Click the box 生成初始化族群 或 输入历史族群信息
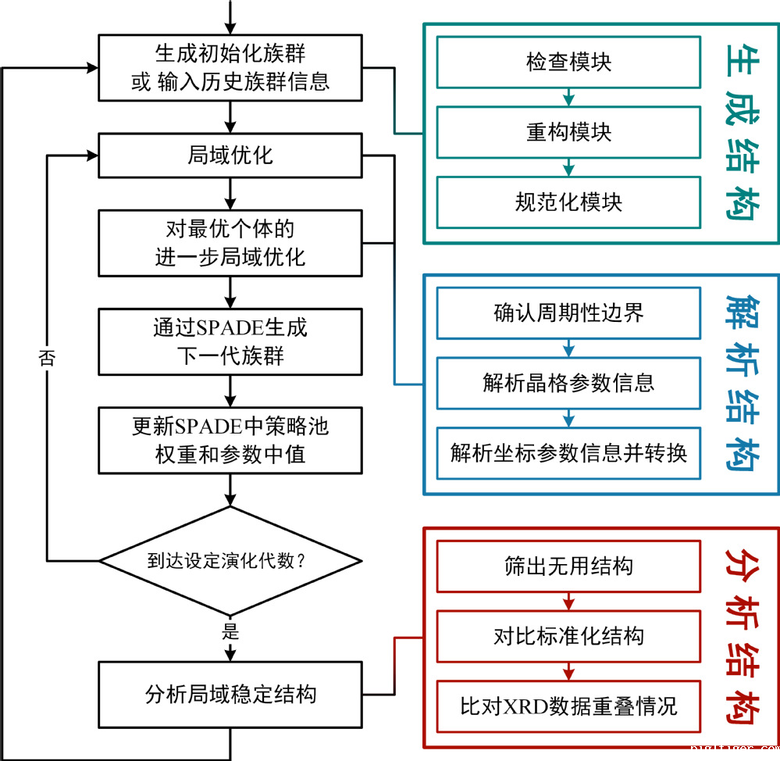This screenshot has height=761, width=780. (x=230, y=67)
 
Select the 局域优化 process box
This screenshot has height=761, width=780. (x=230, y=155)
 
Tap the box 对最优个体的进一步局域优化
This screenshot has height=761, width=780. (x=230, y=242)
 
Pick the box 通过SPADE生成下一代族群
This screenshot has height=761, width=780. (x=230, y=341)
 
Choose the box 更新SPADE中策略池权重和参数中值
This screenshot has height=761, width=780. (x=230, y=440)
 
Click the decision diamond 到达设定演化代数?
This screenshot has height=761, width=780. (x=230, y=560)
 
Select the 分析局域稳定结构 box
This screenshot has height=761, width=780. (x=230, y=694)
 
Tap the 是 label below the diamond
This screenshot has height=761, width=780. (x=230, y=631)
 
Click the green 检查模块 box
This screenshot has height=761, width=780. (x=568, y=62)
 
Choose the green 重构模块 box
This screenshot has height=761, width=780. (x=568, y=132)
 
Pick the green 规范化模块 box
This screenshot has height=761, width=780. (x=568, y=202)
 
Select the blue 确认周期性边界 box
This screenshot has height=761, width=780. (x=568, y=313)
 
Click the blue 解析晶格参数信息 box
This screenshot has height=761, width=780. (x=568, y=383)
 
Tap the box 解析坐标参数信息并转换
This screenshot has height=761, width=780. (x=568, y=452)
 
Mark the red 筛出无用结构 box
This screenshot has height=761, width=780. (x=568, y=566)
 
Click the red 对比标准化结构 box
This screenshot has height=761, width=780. (x=568, y=636)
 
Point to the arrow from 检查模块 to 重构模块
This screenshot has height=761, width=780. (x=568, y=97)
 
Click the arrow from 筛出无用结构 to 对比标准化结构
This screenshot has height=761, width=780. (x=568, y=602)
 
